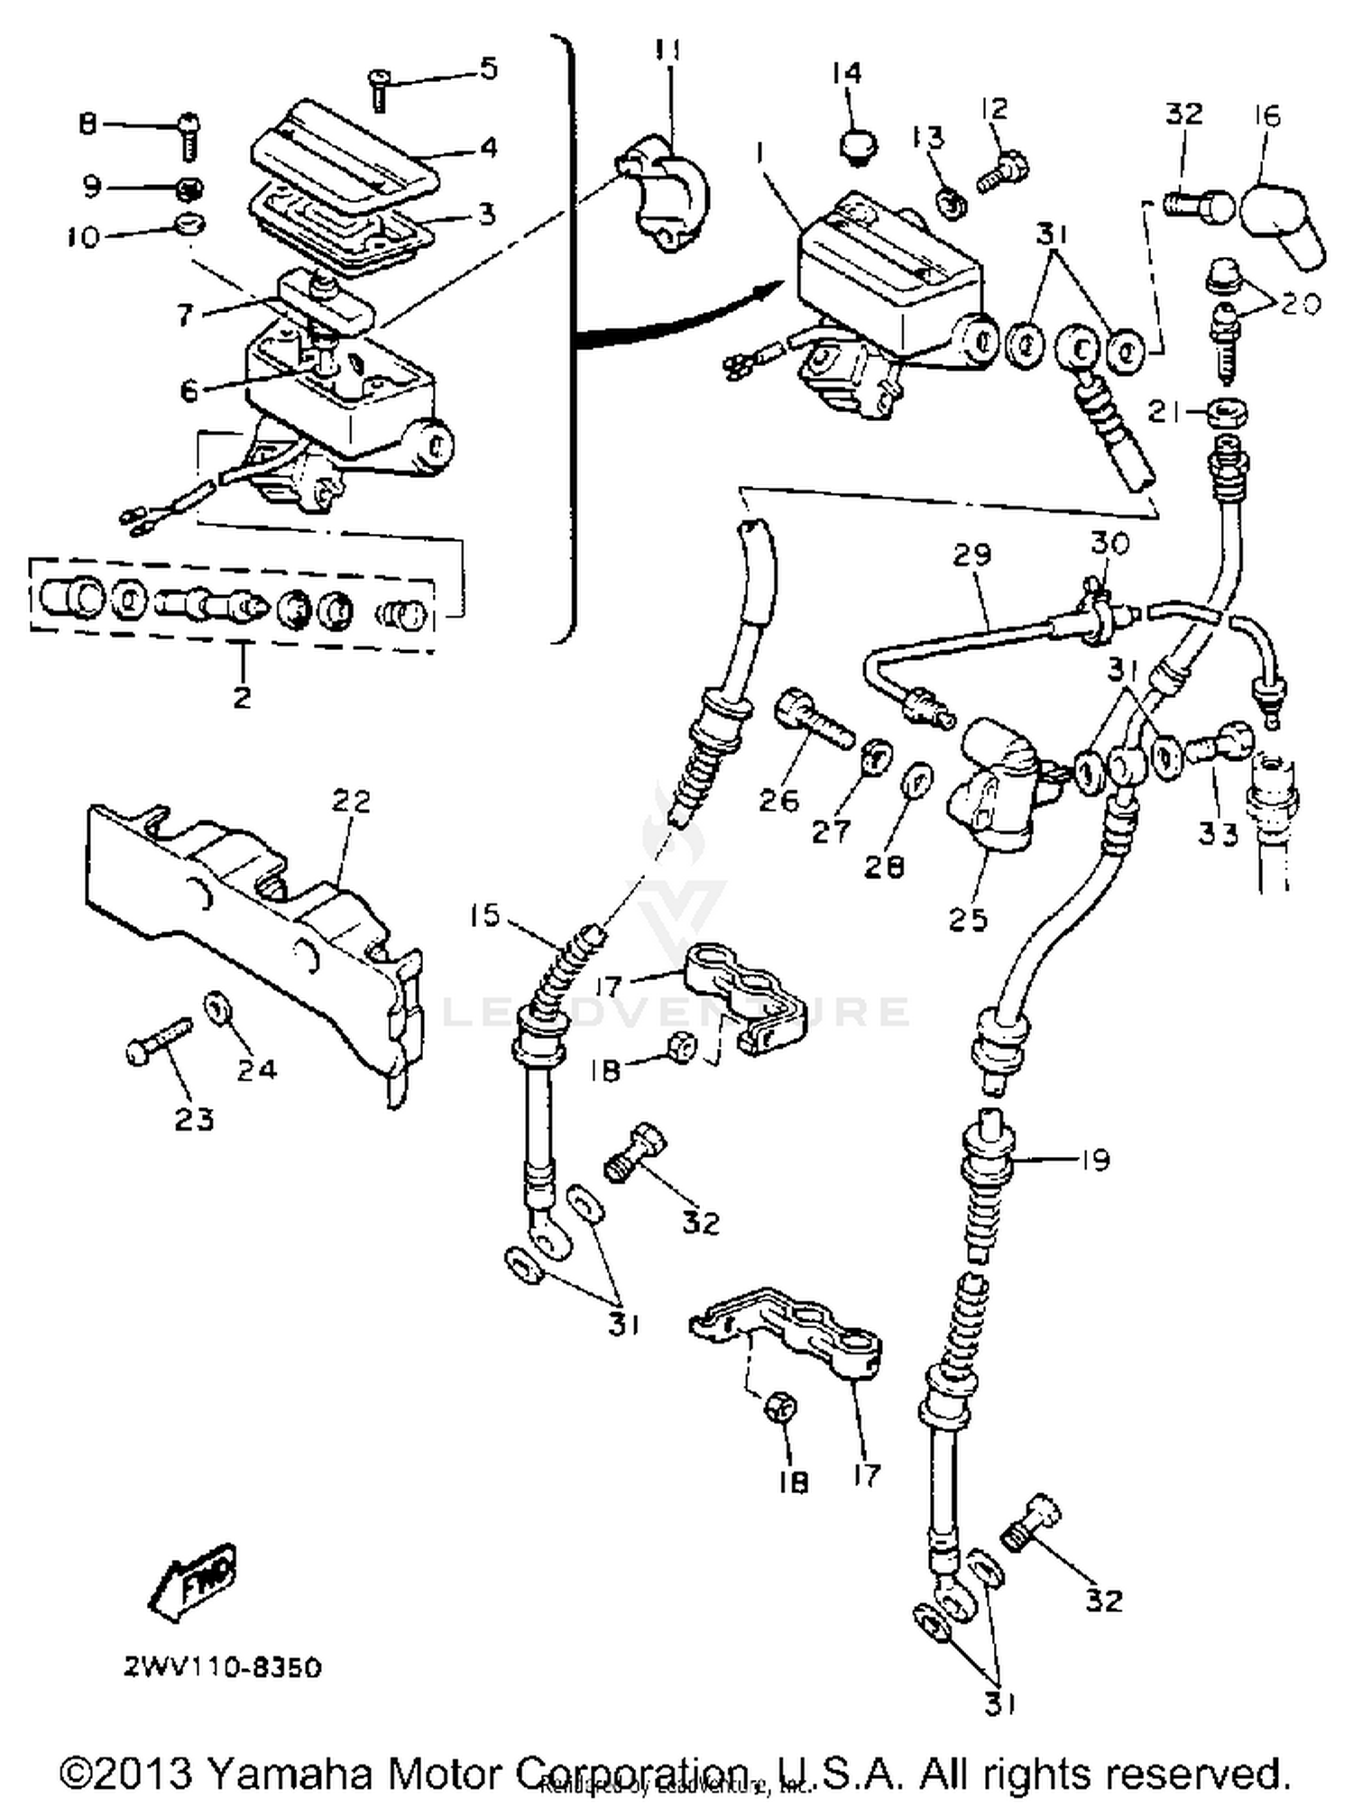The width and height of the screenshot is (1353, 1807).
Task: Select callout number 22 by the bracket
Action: (351, 801)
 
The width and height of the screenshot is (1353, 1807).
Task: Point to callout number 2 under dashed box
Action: (242, 696)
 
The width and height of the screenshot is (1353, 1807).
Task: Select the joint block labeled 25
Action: (992, 793)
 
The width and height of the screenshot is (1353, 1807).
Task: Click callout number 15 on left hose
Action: (484, 916)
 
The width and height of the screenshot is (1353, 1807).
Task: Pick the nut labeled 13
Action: (953, 203)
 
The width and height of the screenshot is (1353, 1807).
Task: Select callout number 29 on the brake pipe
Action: (971, 555)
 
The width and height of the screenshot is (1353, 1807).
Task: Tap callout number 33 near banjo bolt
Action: (1218, 834)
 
